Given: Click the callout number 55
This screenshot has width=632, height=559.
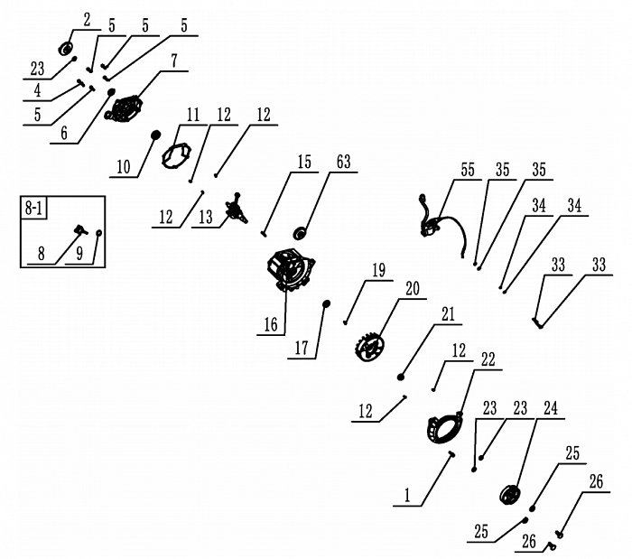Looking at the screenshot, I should coord(467,170).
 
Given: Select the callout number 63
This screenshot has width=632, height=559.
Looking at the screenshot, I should coord(343,163).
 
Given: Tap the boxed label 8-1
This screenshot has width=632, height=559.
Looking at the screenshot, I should coord(34,209).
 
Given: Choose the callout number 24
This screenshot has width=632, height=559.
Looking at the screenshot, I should coord(551,409).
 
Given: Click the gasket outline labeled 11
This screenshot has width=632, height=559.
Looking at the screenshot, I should coord(180,155).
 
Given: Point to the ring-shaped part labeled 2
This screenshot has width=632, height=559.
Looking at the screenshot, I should coord(68,48).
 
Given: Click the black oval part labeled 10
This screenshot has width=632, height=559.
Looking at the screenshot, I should coord(155,136).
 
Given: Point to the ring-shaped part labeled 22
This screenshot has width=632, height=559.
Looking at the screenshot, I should coord(444,425).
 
